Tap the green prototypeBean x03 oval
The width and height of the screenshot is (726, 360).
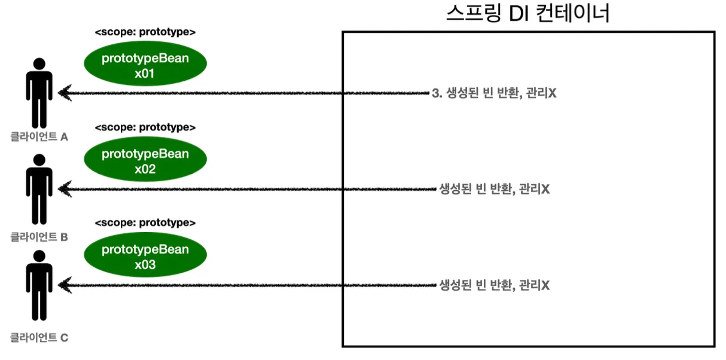pyautogui.click(x=145, y=256)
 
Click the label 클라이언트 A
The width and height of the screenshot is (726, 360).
pyautogui.click(x=39, y=137)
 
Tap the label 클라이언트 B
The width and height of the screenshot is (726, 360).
pyautogui.click(x=39, y=237)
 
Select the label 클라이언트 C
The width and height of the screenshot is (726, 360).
pyautogui.click(x=39, y=338)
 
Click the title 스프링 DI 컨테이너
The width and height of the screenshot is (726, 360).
pyautogui.click(x=528, y=13)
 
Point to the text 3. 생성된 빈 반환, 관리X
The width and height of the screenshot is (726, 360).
pyautogui.click(x=494, y=93)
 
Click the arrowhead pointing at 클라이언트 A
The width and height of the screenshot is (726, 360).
pyautogui.click(x=65, y=93)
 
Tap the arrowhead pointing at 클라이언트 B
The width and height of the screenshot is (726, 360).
pyautogui.click(x=65, y=189)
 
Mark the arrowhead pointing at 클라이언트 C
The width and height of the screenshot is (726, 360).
pyautogui.click(x=65, y=285)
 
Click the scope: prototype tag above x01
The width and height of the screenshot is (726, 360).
pyautogui.click(x=145, y=32)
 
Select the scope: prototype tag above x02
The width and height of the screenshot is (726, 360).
pyautogui.click(x=145, y=127)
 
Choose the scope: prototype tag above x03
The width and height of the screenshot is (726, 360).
pyautogui.click(x=145, y=223)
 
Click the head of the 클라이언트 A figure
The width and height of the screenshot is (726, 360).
pyautogui.click(x=39, y=63)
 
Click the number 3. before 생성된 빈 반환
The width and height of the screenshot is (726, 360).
pyautogui.click(x=435, y=93)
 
